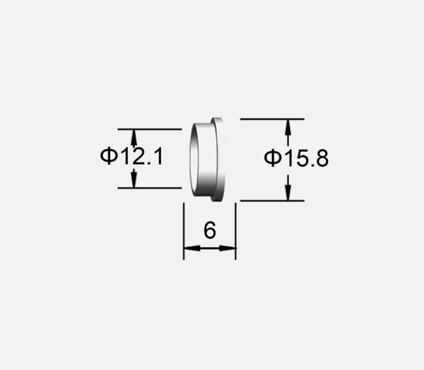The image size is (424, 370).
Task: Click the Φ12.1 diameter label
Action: (131, 157)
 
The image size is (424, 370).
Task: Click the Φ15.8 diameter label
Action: (296, 159)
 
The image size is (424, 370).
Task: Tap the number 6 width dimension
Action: (209, 231)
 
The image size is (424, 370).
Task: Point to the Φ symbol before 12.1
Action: (108, 157)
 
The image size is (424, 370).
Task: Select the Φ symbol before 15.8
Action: (273, 159)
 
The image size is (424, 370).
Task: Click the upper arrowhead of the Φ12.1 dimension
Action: (134, 136)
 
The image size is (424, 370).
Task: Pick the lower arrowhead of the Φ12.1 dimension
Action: (134, 181)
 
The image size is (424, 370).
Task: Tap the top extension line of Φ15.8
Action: (272, 119)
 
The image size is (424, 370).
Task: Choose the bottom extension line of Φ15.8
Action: (272, 201)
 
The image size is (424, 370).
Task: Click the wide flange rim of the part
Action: (219, 160)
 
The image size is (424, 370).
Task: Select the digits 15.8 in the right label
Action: (305, 159)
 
